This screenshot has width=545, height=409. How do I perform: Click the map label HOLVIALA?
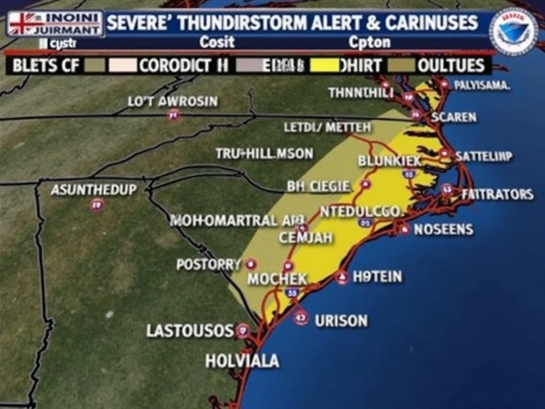pos(242,361)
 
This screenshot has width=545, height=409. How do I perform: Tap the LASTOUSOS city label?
pos(190,330)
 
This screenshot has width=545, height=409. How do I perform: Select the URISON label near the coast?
pos(341,321)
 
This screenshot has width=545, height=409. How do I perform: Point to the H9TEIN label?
pos(377,276)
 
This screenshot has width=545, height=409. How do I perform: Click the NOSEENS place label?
pos(443,230)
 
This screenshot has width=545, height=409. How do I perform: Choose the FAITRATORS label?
pos(498,194)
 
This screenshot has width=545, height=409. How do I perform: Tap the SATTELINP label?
pos(484,156)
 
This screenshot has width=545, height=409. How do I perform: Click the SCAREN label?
pos(453,117)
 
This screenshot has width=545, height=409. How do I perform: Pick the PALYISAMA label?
pos(482,85)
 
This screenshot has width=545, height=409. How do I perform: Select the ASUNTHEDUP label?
pos(94,190)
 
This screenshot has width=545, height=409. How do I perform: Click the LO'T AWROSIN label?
pos(173,101)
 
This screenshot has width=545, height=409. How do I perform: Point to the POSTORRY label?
pos(209,264)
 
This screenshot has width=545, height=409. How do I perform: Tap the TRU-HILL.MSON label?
pos(265,153)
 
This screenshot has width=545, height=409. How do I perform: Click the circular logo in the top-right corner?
pos(514,31)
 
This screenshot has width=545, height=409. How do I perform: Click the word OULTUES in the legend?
pos(451,66)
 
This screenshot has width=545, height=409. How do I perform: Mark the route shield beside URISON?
pos(301,318)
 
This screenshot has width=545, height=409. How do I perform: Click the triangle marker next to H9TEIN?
pos(342,277)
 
